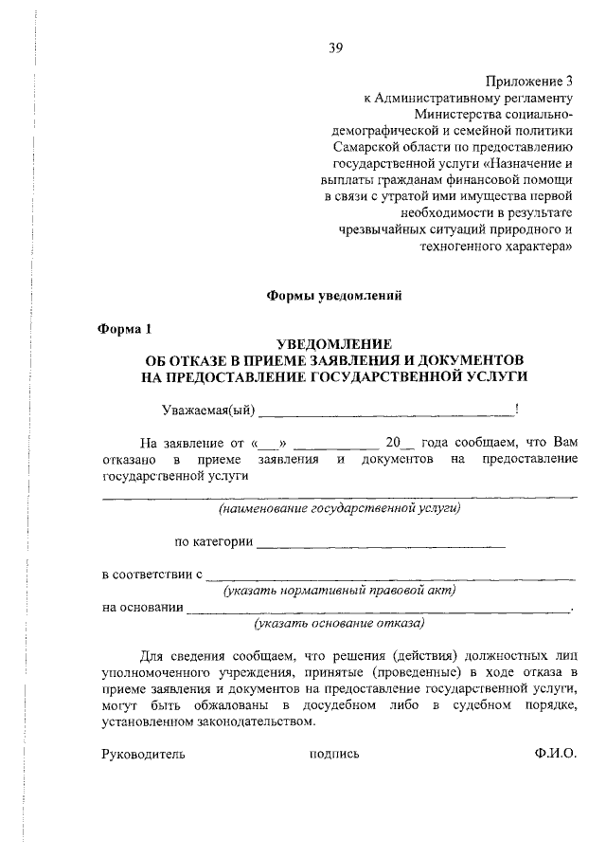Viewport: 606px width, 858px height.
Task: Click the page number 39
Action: click(x=335, y=49)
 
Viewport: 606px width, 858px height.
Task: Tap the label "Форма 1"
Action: click(x=126, y=329)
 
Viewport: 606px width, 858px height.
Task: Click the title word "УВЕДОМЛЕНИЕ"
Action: click(x=334, y=346)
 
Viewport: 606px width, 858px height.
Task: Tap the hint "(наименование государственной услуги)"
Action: click(x=339, y=509)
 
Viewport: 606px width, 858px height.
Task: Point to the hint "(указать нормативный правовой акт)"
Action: click(x=339, y=591)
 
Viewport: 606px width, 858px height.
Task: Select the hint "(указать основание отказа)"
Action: click(x=339, y=624)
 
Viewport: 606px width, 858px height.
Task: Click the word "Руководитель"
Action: click(x=143, y=755)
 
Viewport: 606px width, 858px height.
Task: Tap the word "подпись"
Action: click(x=334, y=755)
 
